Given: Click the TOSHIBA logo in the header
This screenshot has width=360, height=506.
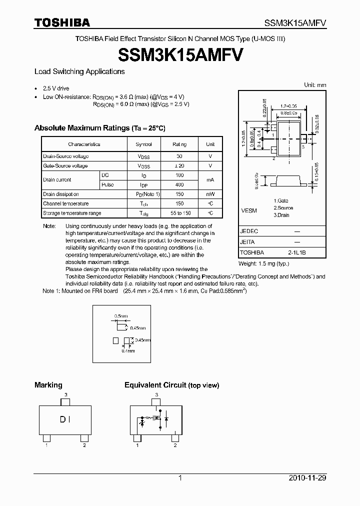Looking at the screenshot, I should coord(62,22).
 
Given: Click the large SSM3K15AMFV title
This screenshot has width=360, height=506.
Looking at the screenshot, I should coord(180,53).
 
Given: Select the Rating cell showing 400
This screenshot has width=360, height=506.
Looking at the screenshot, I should coord(179,184).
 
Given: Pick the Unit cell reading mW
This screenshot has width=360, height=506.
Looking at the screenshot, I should coord(210,194).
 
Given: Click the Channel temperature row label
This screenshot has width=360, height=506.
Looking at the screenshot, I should coord(66,203).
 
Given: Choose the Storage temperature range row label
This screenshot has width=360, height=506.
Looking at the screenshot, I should coord(72,213).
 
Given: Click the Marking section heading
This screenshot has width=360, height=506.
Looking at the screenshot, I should coord(48,385).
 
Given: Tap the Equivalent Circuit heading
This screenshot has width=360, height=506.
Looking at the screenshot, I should coord(171,385).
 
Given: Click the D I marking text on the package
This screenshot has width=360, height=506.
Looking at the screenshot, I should coord(65,420).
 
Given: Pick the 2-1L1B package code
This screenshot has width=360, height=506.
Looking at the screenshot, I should coord(297,252).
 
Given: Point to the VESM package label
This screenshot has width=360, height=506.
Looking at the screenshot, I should coord(249,210).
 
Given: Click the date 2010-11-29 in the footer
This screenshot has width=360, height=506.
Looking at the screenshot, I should coord(307,478).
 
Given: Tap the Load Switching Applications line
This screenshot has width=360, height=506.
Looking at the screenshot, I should coord(79,71).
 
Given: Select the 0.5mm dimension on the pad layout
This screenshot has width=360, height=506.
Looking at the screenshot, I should coord(121,316).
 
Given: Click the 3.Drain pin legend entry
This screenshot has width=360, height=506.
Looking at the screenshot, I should coord(282,215).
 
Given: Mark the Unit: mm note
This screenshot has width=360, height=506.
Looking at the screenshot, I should coord(315,85).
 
